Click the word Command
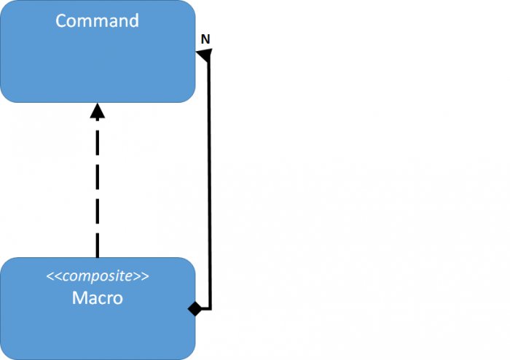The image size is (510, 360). (x=97, y=20)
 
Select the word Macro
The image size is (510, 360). (x=97, y=298)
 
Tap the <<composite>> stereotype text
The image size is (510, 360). (x=97, y=276)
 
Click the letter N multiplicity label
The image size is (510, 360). (x=205, y=39)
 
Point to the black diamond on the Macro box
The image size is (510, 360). (x=195, y=308)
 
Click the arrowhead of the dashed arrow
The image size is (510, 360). (x=97, y=111)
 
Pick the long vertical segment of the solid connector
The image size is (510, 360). (x=210, y=182)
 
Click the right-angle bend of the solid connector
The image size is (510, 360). (x=210, y=308)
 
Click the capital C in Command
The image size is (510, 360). (x=61, y=20)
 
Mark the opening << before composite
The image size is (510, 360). (x=52, y=277)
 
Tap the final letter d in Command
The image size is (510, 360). (x=133, y=20)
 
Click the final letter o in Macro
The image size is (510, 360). (x=117, y=299)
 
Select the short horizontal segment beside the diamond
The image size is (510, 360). (x=205, y=308)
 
